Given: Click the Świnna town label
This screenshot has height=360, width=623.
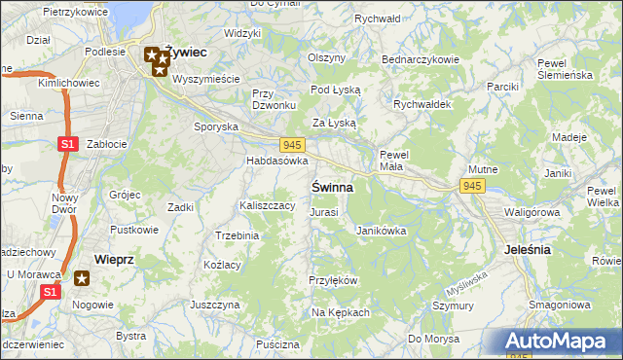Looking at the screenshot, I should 332,186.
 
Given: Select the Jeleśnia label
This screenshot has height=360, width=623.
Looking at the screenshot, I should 529,249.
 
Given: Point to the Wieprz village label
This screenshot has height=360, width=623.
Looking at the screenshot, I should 114,259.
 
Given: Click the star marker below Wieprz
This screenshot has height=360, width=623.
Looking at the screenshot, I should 83,279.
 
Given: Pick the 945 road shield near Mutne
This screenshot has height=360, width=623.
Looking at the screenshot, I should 473,185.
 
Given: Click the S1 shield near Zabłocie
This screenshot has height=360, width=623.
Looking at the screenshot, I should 66,145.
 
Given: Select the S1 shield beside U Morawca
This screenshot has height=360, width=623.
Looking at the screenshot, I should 53,291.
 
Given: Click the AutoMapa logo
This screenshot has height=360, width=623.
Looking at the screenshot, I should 559,342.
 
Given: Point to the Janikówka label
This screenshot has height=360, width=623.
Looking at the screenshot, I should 381,231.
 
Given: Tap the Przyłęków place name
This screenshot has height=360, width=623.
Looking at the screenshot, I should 334,280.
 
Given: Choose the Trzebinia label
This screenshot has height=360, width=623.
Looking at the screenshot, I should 237,235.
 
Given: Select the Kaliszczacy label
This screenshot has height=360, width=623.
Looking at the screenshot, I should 267,205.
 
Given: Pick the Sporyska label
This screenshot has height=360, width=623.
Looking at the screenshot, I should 216,126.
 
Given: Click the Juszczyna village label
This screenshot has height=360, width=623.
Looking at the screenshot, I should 215,305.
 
